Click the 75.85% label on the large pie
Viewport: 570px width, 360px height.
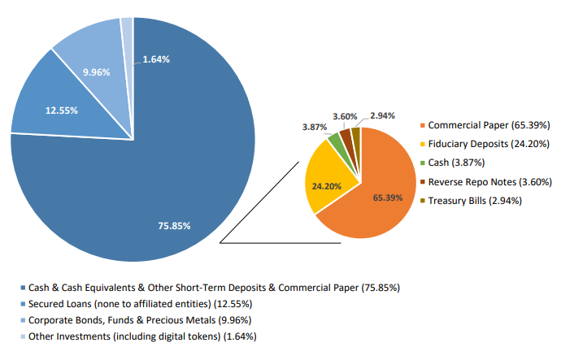tap(174, 225)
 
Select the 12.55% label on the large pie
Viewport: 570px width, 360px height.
tap(61, 110)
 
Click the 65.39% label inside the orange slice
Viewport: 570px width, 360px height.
tap(388, 197)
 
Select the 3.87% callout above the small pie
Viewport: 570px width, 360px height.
tap(315, 128)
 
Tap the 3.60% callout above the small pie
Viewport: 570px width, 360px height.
tap(346, 117)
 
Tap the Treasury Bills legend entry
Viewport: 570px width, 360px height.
tap(474, 201)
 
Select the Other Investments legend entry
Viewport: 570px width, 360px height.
tap(142, 336)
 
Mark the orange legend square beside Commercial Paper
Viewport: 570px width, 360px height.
tap(422, 126)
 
